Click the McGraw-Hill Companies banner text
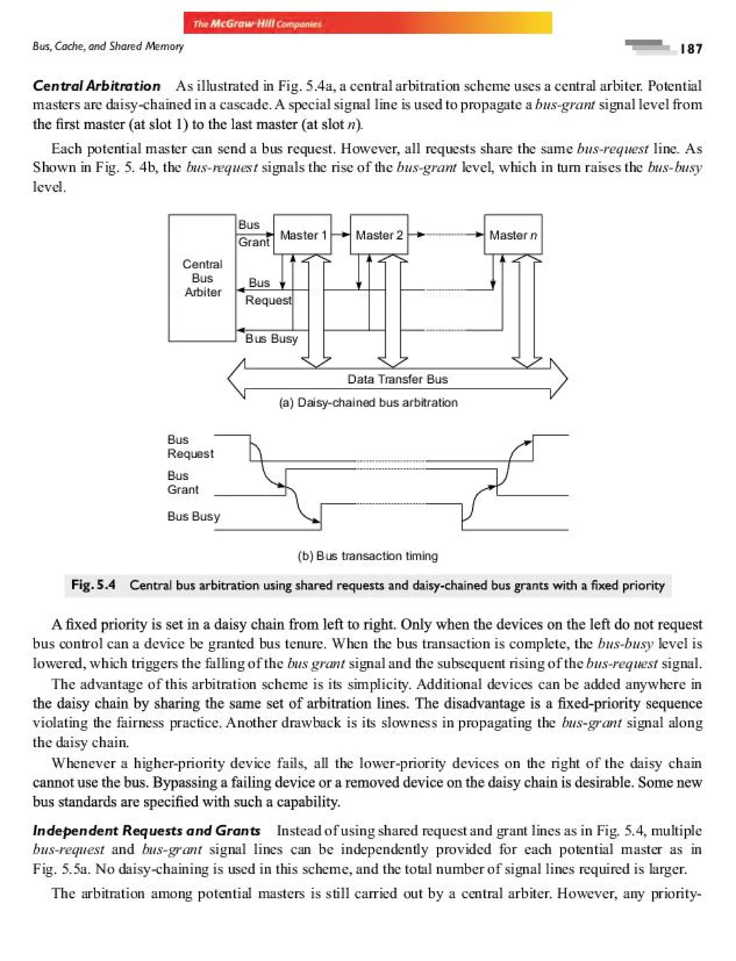point(258,24)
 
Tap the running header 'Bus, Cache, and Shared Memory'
point(108,46)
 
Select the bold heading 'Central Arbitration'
point(96,86)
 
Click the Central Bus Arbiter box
point(202,278)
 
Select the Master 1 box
point(302,235)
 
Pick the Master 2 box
point(379,235)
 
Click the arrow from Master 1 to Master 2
point(341,235)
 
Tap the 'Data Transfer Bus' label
point(397,379)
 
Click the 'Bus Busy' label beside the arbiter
point(271,338)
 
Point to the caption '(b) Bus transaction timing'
point(368,556)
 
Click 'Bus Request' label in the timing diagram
point(190,447)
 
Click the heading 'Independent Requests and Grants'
point(146,831)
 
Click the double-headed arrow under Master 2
point(392,311)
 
